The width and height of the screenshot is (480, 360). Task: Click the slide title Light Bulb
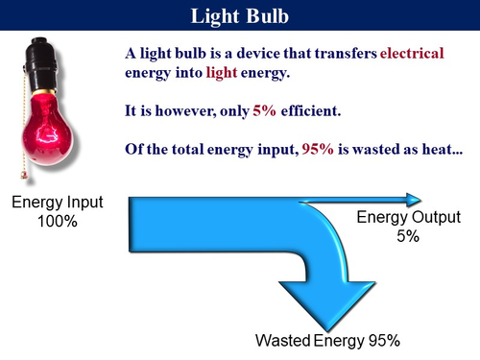pyautogui.click(x=240, y=16)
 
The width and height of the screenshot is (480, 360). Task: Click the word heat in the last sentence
pyautogui.click(x=415, y=151)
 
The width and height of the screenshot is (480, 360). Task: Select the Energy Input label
pyautogui.click(x=59, y=203)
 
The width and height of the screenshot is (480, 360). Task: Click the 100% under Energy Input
pyautogui.click(x=59, y=221)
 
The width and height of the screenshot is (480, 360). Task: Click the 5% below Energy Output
pyautogui.click(x=406, y=236)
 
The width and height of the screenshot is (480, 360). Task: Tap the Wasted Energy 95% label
pyautogui.click(x=326, y=341)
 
